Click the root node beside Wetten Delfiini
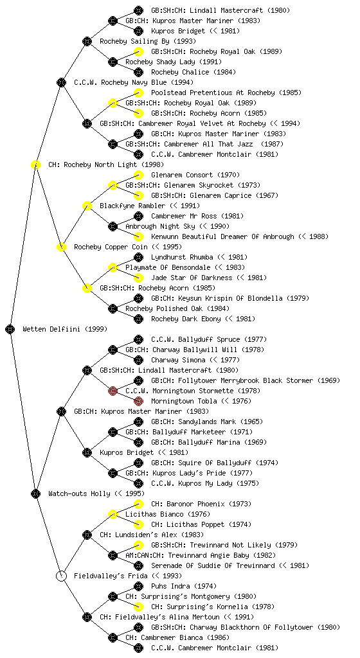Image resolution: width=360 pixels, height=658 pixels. pyautogui.click(x=10, y=329)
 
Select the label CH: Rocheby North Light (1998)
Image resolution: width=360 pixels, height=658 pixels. pyautogui.click(x=106, y=164)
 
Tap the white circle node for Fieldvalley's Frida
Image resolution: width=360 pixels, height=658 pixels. pyautogui.click(x=61, y=576)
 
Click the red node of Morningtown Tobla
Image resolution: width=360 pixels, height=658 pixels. pyautogui.click(x=138, y=401)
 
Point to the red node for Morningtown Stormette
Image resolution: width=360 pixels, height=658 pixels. pyautogui.click(x=113, y=391)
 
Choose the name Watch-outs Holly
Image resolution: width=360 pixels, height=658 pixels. pyautogui.click(x=79, y=493)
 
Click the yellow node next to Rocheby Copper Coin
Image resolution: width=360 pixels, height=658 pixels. pyautogui.click(x=61, y=247)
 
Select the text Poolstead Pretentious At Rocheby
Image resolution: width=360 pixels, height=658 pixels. pyautogui.click(x=213, y=93)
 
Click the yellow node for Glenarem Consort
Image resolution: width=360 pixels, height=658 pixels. pyautogui.click(x=138, y=175)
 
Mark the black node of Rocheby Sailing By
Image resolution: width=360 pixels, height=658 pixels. pyautogui.click(x=87, y=41)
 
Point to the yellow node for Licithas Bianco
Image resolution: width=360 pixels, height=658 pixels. pyautogui.click(x=113, y=514)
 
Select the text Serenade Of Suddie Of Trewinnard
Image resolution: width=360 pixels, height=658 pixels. pyautogui.click(x=213, y=565)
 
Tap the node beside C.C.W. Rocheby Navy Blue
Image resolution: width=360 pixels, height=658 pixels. pyautogui.click(x=61, y=82)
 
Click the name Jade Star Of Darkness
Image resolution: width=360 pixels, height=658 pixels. pyautogui.click(x=192, y=278)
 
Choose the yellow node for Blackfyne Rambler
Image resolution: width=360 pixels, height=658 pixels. pyautogui.click(x=87, y=206)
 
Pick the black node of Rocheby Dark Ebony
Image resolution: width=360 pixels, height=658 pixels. pyautogui.click(x=138, y=319)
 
